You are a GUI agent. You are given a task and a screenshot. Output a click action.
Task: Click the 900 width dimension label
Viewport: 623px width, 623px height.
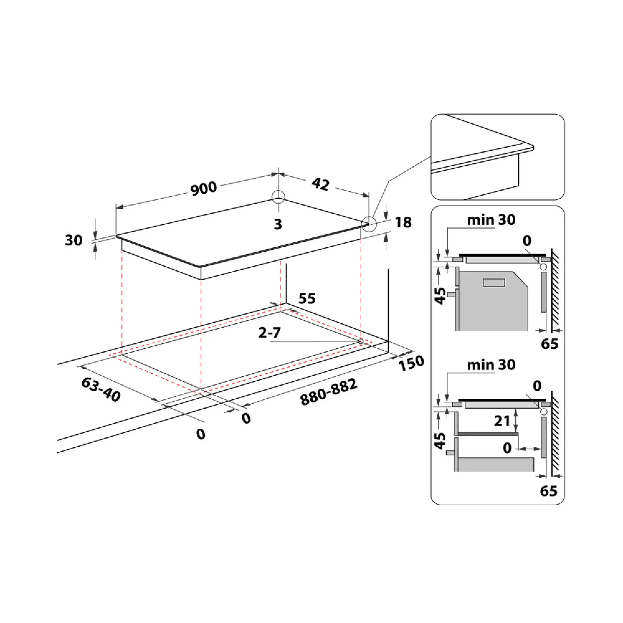coord(203,189)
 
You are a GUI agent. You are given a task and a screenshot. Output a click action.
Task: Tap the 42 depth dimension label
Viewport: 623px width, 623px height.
coord(321,184)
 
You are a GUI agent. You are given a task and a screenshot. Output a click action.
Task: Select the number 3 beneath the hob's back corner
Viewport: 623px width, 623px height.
coord(278,224)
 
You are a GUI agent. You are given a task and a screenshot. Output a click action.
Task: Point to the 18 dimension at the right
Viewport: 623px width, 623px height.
coord(403,222)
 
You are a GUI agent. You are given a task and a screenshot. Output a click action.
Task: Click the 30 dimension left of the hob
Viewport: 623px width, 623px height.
coord(74,240)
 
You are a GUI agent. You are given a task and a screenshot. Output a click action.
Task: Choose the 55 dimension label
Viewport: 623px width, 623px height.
coord(307,298)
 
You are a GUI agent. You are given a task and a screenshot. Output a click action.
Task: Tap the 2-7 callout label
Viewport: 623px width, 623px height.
coord(269,332)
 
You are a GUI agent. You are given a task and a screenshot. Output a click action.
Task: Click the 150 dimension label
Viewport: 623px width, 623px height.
coord(411,363)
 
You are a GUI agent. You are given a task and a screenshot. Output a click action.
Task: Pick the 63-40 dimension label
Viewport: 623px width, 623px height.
coord(101,390)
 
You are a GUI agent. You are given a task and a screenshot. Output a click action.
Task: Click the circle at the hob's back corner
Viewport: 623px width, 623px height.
coord(278,196)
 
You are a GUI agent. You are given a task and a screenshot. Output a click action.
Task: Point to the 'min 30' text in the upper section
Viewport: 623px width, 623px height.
coord(491,220)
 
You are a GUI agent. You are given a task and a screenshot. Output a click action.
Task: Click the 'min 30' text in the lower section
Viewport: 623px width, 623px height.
coord(491,365)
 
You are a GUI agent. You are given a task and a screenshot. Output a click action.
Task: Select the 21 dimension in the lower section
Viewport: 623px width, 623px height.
coord(502,421)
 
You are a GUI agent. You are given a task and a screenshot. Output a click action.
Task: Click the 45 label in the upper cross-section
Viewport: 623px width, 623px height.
coord(440,296)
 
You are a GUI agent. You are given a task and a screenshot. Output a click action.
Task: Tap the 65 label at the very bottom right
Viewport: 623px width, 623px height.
coord(549,491)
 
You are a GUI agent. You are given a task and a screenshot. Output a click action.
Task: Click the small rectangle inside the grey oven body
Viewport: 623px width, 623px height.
coord(494,283)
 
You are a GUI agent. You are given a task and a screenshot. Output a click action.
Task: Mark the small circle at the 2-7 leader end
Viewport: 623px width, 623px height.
coord(360,341)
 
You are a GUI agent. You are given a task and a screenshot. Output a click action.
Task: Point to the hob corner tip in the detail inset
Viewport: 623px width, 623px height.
coord(533,148)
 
